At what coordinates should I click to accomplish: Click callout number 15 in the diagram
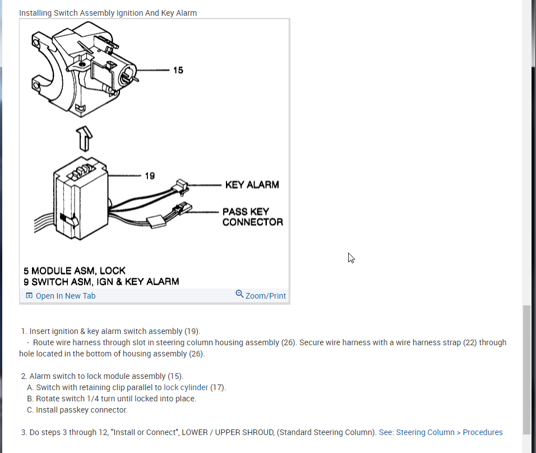[x=178, y=70]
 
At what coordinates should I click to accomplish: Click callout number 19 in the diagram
[x=150, y=176]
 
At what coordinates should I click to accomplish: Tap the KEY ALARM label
[x=252, y=185]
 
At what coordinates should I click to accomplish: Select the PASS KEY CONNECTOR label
[x=252, y=217]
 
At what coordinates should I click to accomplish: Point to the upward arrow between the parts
[x=84, y=139]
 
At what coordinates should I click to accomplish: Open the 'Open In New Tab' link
[x=66, y=296]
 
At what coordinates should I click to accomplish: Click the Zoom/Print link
[x=265, y=296]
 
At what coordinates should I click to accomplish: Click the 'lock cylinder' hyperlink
[x=186, y=387]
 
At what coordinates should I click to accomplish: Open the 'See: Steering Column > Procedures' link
[x=441, y=432]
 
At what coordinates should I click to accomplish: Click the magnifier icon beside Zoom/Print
[x=239, y=294]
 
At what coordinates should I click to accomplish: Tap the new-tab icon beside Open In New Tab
[x=29, y=296]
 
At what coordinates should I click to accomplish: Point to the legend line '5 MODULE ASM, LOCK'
[x=75, y=271]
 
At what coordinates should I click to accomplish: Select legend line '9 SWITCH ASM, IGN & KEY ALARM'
[x=101, y=282]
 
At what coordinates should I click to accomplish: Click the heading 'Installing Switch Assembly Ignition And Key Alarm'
[x=108, y=13]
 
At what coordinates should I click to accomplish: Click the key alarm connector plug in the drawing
[x=181, y=184]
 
